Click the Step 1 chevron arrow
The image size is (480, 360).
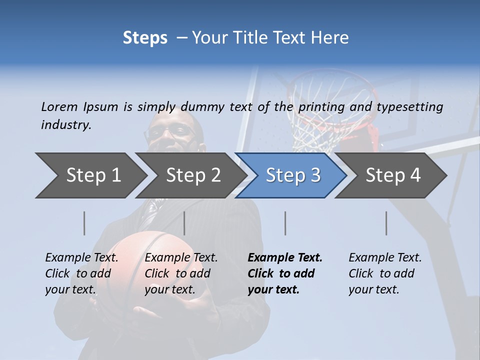pyautogui.click(x=92, y=175)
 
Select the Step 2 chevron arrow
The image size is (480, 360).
pyautogui.click(x=192, y=175)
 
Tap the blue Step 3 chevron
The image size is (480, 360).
pyautogui.click(x=292, y=175)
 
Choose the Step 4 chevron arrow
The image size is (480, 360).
pyautogui.click(x=392, y=175)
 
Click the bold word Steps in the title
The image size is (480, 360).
pyautogui.click(x=145, y=38)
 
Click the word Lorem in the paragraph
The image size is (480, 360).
pyautogui.click(x=59, y=106)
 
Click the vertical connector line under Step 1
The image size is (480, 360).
pyautogui.click(x=84, y=223)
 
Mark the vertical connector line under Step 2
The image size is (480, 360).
pyautogui.click(x=184, y=223)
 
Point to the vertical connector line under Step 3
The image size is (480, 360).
pyautogui.click(x=285, y=223)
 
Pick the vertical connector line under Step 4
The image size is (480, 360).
pyautogui.click(x=386, y=223)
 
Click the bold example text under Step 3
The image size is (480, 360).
pyautogui.click(x=285, y=273)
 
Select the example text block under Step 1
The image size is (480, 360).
pyautogui.click(x=81, y=273)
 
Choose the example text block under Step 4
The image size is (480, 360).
pyautogui.click(x=385, y=273)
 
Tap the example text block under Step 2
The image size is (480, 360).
pyautogui.click(x=181, y=273)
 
